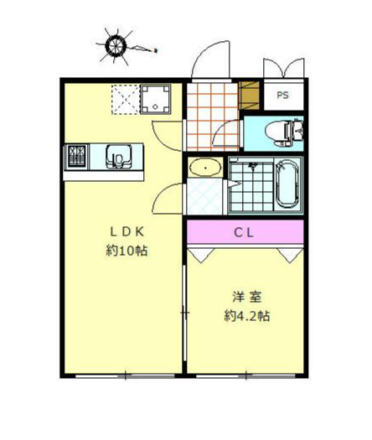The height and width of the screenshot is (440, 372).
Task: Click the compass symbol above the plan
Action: coord(116,45)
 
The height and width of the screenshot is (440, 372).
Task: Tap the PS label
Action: coord(282,96)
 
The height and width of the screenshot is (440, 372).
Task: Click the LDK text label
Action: coord(127,232)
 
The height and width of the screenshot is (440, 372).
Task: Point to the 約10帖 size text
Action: coord(127,251)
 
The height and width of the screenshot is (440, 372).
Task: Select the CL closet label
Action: coord(244,233)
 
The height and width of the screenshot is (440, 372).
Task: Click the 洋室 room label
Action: coord(247,298)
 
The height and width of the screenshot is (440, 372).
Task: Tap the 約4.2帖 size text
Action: coord(247,316)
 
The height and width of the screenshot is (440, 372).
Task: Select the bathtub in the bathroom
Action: coord(287,184)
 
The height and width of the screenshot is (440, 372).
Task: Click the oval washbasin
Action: coord(205,168)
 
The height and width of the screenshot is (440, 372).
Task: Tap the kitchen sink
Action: coord(119,157)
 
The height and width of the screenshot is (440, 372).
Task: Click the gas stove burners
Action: coord(76,157)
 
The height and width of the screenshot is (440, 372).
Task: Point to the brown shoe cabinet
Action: coord(249,96)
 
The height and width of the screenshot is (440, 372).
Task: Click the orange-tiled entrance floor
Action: coord(212,116)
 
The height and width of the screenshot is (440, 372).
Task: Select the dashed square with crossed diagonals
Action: coord(126,100)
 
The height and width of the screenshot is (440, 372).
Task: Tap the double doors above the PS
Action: coord(284,68)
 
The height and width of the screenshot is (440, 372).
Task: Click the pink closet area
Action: coord(245,232)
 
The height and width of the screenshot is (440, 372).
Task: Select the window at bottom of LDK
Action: coord(125,375)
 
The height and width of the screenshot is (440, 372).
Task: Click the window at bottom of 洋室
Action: coord(245,375)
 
